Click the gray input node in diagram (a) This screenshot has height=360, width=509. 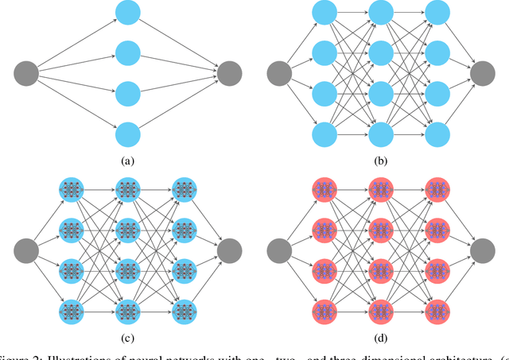pyautogui.click(x=26, y=74)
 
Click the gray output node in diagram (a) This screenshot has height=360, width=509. pyautogui.click(x=229, y=74)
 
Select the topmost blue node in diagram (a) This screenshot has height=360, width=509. pyautogui.click(x=128, y=13)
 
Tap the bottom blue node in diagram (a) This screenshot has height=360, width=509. pyautogui.click(x=128, y=134)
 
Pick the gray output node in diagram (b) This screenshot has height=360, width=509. pyautogui.click(x=483, y=74)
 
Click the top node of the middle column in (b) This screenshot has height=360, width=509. pyautogui.click(x=382, y=13)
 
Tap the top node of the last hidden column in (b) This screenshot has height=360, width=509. pyautogui.click(x=437, y=13)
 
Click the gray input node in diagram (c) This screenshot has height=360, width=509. pyautogui.click(x=26, y=250)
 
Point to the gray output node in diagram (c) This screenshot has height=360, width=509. pyautogui.click(x=229, y=250)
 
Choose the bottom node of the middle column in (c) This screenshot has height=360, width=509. pyautogui.click(x=127, y=310)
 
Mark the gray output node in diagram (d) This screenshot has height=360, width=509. pyautogui.click(x=483, y=250)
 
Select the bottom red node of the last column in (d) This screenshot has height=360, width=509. pyautogui.click(x=437, y=310)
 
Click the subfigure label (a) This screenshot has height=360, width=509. pyautogui.click(x=127, y=161)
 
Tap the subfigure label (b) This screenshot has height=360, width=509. pyautogui.click(x=382, y=161)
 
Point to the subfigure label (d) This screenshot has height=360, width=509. pyautogui.click(x=382, y=337)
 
